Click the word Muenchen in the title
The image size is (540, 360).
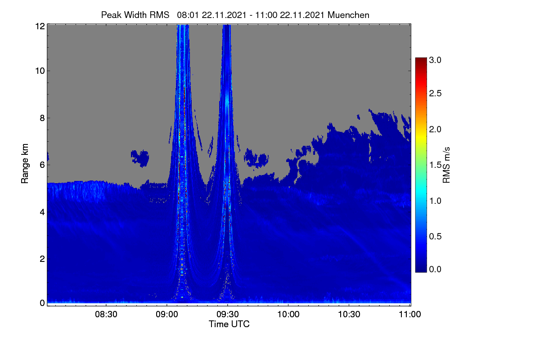pos(348,15)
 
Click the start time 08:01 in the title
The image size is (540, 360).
pos(188,15)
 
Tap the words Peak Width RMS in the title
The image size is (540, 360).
pos(135,15)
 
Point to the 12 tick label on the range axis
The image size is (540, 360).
pos(40,26)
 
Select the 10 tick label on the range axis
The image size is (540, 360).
pos(40,71)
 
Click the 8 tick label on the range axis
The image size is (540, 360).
pos(42,118)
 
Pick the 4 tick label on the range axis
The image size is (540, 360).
pos(42,212)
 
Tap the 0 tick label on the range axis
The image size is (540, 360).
pos(42,303)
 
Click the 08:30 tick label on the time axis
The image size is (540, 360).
pos(106,314)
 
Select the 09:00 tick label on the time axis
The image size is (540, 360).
pos(167,314)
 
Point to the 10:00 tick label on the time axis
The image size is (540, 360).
pos(288,314)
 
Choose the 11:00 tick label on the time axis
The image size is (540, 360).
pos(410,314)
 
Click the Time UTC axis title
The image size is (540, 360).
pos(229,324)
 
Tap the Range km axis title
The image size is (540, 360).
pos(25,163)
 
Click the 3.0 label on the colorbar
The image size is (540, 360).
pos(435,60)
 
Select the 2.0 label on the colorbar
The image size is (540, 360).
pos(435,129)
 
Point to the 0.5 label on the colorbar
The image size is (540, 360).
pos(435,236)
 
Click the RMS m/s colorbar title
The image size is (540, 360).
pos(446,165)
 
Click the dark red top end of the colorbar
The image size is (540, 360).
pos(421,59)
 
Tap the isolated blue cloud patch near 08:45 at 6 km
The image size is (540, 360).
pos(140,158)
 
